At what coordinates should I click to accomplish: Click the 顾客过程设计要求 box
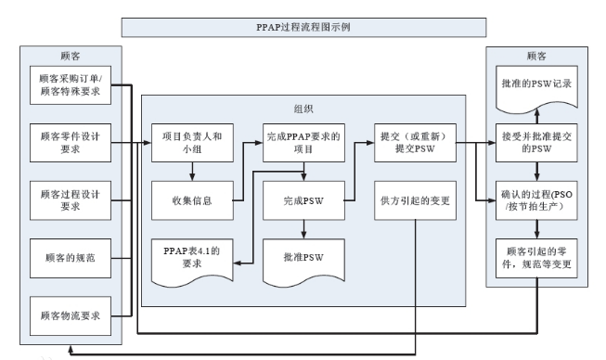(x=71, y=199)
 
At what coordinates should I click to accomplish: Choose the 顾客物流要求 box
(x=71, y=313)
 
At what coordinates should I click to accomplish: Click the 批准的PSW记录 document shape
(x=535, y=85)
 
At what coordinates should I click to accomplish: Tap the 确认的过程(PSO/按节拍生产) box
(x=535, y=199)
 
